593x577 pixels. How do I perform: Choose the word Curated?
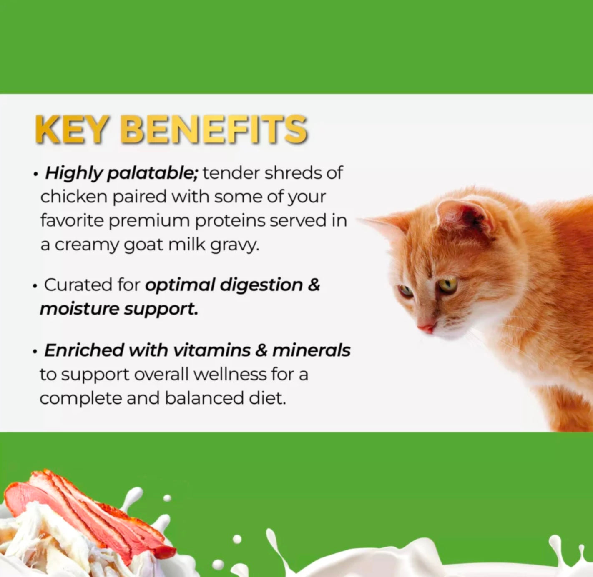pyautogui.click(x=78, y=285)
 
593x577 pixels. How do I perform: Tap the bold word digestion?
pyautogui.click(x=261, y=285)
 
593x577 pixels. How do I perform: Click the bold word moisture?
pyautogui.click(x=79, y=309)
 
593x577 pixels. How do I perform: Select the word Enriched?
pyautogui.click(x=84, y=350)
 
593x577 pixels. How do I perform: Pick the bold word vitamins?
pyautogui.click(x=212, y=350)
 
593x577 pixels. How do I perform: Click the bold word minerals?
pyautogui.click(x=311, y=350)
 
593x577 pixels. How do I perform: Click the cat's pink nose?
pyautogui.click(x=426, y=329)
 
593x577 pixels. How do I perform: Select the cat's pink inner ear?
pyautogui.click(x=467, y=218)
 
